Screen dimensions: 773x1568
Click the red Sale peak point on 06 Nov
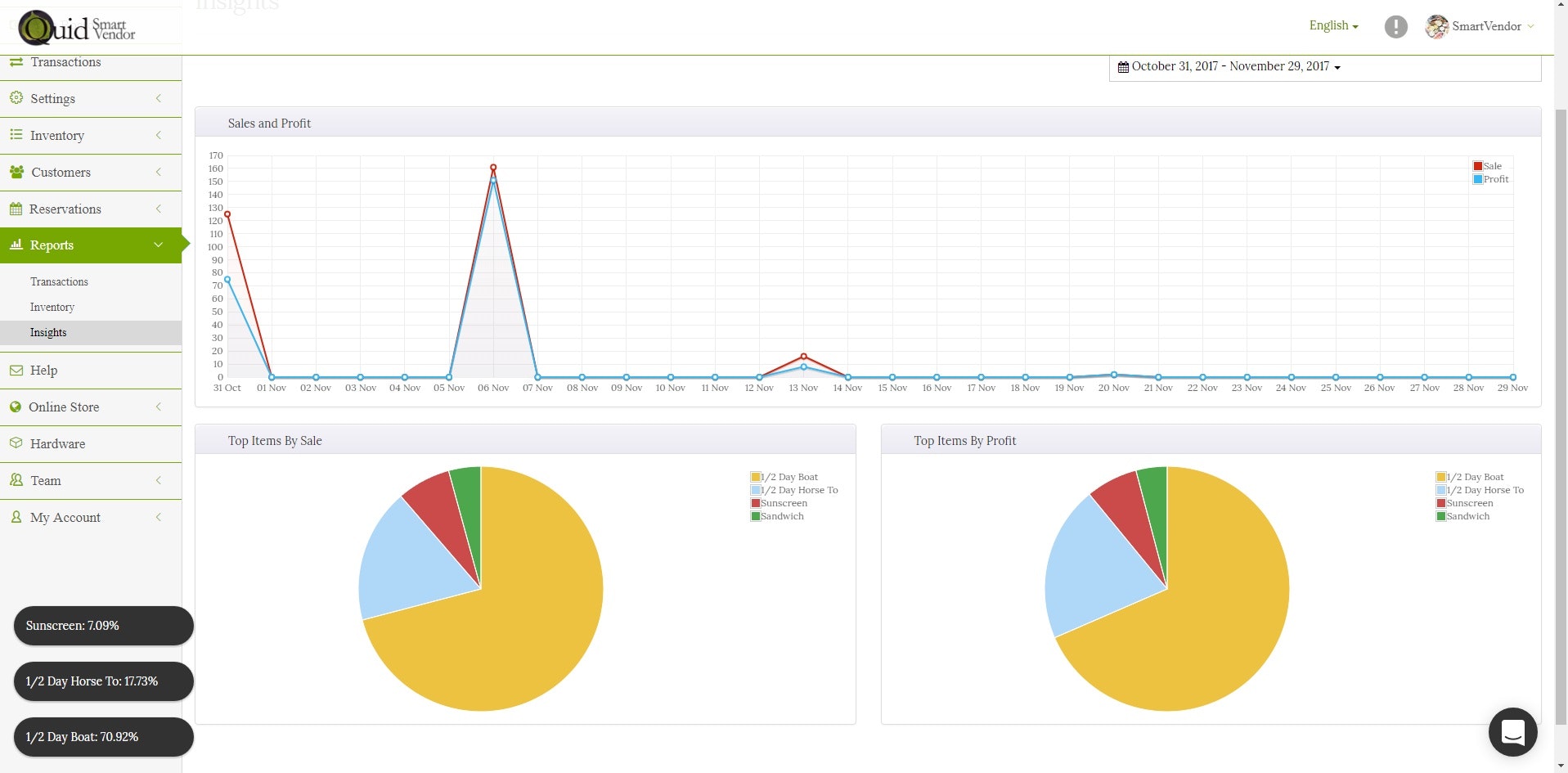493,168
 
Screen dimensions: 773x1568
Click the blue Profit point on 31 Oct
227,280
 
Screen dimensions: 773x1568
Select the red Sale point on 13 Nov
803,357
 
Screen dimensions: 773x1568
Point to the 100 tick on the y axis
215,247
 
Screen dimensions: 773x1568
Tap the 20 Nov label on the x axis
1113,388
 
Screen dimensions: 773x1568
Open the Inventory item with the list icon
57,136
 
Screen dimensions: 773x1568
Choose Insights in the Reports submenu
48,333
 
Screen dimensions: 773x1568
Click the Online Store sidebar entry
64,407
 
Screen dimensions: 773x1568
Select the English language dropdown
1332,25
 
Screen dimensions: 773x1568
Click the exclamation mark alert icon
1395,27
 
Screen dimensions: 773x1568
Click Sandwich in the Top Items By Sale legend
781,516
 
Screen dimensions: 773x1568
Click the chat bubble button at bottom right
1512,732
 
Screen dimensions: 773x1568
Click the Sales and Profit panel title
269,124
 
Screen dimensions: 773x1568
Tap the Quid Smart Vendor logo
78,28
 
